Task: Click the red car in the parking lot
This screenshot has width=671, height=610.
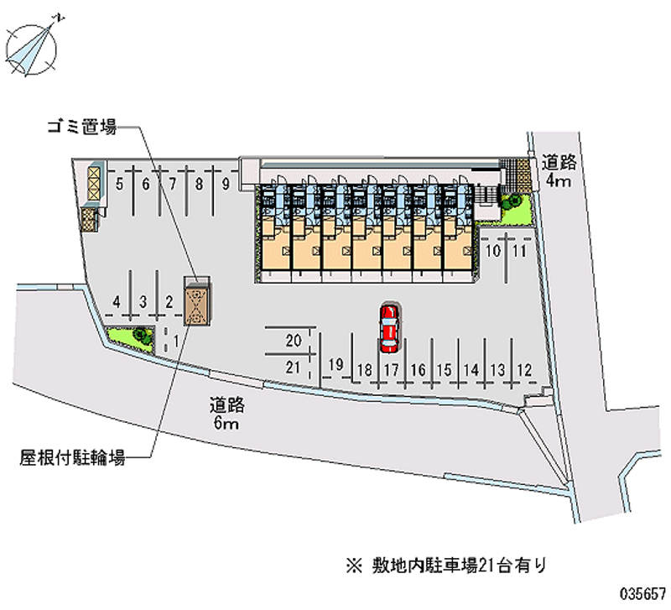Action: pos(389,328)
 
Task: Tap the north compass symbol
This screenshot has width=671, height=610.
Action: pos(32,48)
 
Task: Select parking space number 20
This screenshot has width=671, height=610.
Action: pos(294,341)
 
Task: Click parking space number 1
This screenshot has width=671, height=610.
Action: pos(175,341)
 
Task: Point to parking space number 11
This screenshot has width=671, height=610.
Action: pos(519,251)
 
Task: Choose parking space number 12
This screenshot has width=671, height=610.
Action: pos(524,370)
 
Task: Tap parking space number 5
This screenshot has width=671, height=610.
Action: pos(119,185)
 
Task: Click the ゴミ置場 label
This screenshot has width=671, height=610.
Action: pos(81,127)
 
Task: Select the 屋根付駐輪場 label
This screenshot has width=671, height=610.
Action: pos(72,457)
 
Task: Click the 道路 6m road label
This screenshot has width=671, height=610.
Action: pos(226,414)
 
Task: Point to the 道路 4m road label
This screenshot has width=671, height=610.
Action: pos(559,171)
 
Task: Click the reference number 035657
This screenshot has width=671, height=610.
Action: pos(642,593)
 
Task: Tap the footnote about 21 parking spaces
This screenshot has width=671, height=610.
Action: pos(446,566)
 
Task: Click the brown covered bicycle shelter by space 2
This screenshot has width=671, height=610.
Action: pos(197,300)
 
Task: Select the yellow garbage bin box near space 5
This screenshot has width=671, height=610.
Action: pos(94,183)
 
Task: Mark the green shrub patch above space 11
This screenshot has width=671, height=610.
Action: pos(516,209)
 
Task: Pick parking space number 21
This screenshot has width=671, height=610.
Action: pos(293,368)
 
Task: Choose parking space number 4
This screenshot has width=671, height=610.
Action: pos(117,302)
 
